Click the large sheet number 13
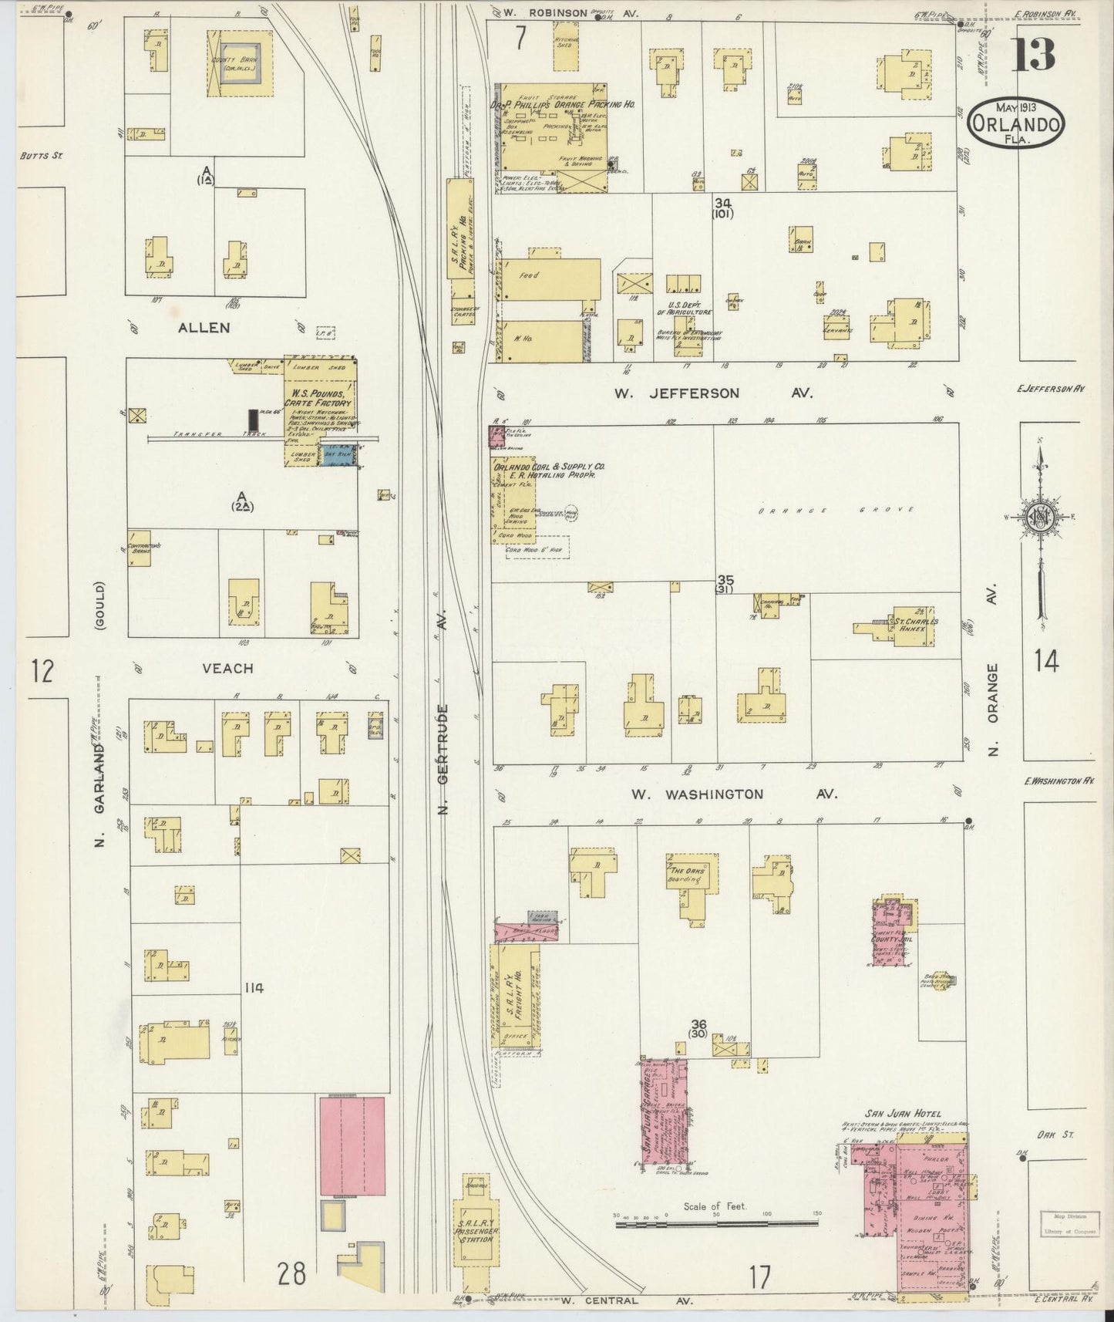1032,55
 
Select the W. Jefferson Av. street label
712,393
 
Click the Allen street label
204,328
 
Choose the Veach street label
227,669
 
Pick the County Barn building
239,63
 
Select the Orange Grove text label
836,510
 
